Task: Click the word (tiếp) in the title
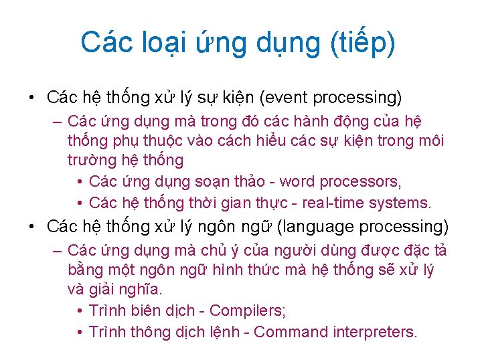pyautogui.click(x=362, y=43)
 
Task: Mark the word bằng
pyautogui.click(x=83, y=270)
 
